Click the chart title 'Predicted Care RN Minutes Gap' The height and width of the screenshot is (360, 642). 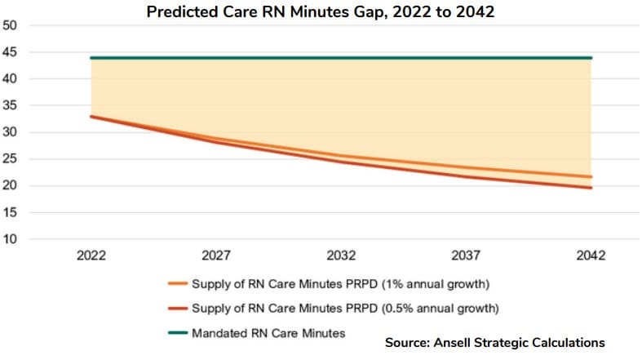(321, 11)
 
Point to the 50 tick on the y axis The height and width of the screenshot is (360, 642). (11, 25)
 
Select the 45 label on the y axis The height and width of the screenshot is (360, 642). (11, 52)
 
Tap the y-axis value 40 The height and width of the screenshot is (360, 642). (11, 79)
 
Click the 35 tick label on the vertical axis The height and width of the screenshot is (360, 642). (11, 106)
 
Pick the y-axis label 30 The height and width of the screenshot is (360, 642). (11, 132)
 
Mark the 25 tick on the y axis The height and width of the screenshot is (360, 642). (11, 159)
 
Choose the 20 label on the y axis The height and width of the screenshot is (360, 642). (11, 186)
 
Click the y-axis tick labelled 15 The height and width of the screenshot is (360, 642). (11, 212)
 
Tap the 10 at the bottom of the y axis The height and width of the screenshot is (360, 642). (11, 239)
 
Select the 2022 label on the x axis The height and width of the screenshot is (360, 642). (91, 256)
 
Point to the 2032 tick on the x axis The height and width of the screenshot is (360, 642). (341, 256)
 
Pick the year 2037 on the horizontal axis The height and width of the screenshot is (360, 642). (466, 256)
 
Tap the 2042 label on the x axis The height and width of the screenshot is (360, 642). (591, 256)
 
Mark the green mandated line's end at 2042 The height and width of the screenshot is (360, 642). (591, 58)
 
